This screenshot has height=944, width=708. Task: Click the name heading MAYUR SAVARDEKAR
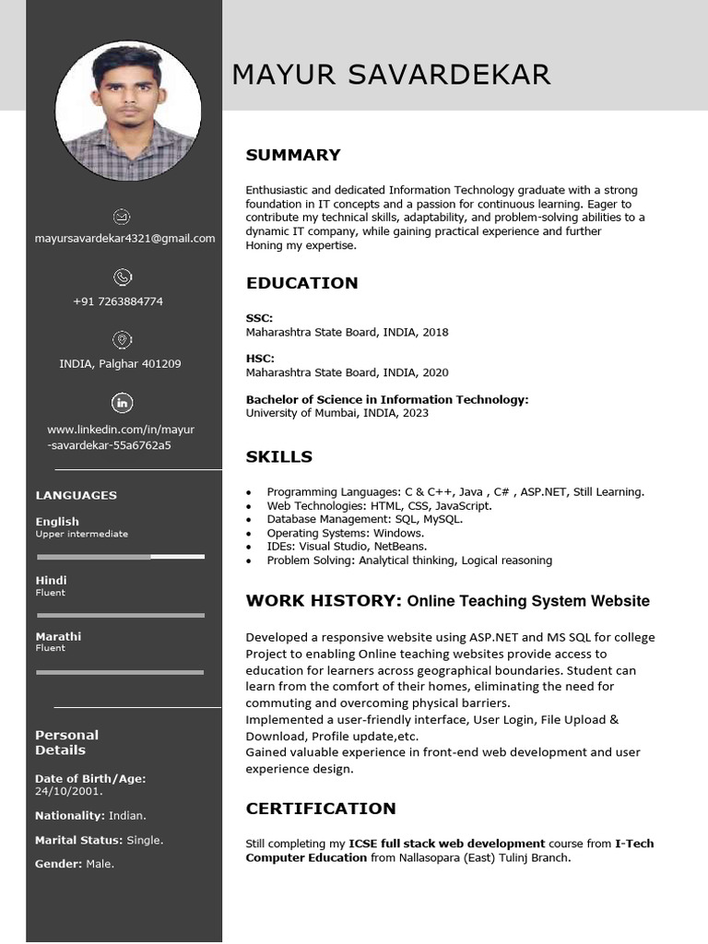point(391,75)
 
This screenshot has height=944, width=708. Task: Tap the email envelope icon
point(122,217)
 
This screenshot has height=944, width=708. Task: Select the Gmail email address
point(124,238)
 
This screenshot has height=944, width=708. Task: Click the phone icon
point(122,277)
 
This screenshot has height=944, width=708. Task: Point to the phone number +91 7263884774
point(118,301)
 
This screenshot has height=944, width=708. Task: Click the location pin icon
point(122,339)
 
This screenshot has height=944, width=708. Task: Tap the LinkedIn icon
point(122,403)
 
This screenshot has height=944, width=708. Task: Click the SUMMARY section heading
point(292,155)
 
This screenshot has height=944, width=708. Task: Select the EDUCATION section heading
point(301,283)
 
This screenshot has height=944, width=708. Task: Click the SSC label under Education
point(259,318)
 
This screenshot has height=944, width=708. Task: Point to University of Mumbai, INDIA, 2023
point(336,413)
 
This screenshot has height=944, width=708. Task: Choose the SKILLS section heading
point(278,456)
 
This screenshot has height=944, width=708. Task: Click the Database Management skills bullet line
point(364,519)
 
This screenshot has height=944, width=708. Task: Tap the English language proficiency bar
point(121,557)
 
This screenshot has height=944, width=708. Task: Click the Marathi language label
point(58,636)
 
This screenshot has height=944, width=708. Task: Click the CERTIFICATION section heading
point(320,808)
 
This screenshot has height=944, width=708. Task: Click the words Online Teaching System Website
point(528,601)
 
